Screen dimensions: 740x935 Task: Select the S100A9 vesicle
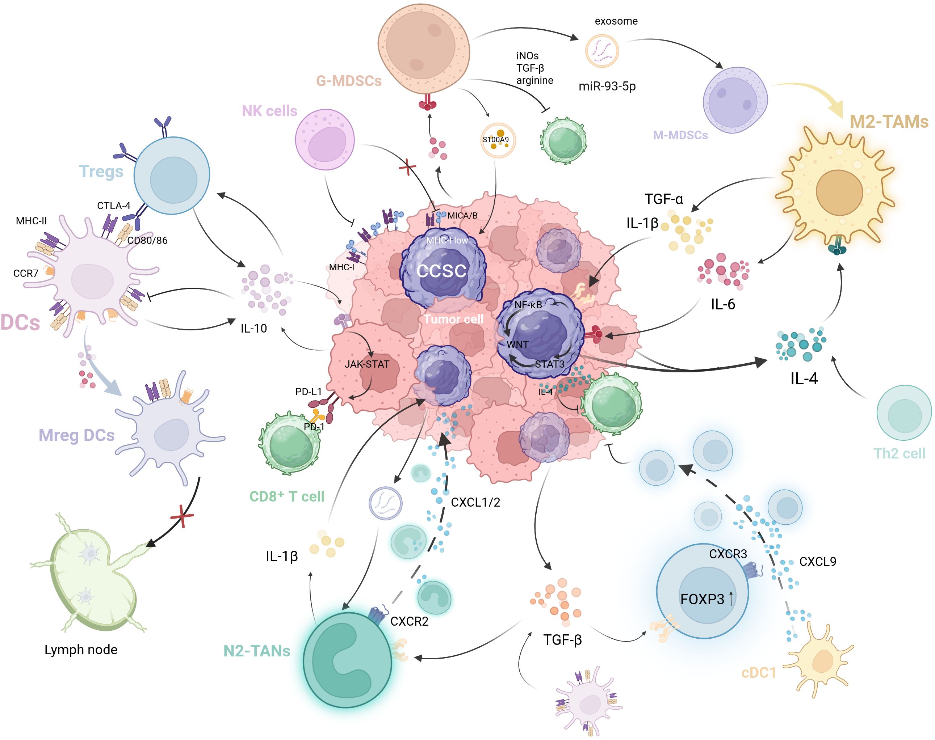pos(498,140)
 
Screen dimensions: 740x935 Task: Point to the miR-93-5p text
pos(607,86)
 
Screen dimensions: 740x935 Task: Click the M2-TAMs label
pos(889,122)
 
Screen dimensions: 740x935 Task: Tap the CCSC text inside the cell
pos(441,271)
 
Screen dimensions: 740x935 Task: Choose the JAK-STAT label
pos(367,364)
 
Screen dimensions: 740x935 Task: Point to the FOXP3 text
pos(702,599)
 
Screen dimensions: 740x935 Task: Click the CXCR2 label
pos(409,621)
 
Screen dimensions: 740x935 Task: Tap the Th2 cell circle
pos(904,413)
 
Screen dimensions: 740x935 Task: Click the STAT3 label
pos(549,364)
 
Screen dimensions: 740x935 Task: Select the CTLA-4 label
pos(114,206)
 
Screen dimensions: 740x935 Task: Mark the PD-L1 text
pos(308,392)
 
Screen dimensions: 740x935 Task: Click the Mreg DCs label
pos(77,435)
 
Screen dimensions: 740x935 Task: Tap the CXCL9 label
pos(818,562)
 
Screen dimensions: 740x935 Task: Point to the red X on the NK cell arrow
pos(407,167)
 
